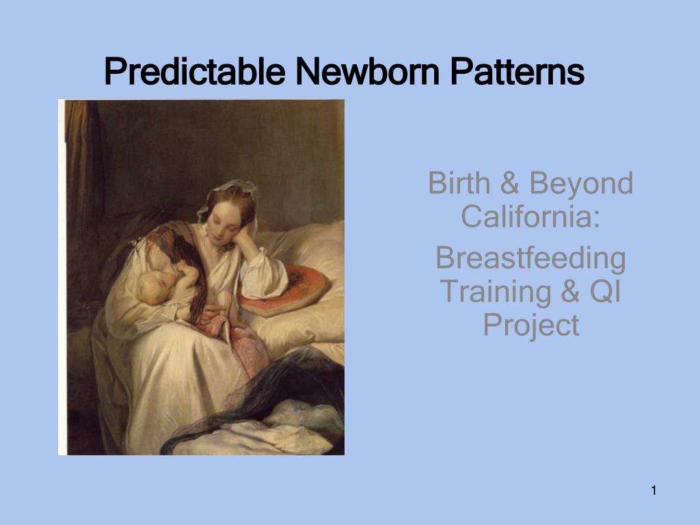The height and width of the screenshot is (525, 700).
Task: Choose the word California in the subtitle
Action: click(530, 217)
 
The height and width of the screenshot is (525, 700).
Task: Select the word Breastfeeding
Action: click(530, 259)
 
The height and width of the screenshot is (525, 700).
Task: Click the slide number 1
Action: click(654, 489)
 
